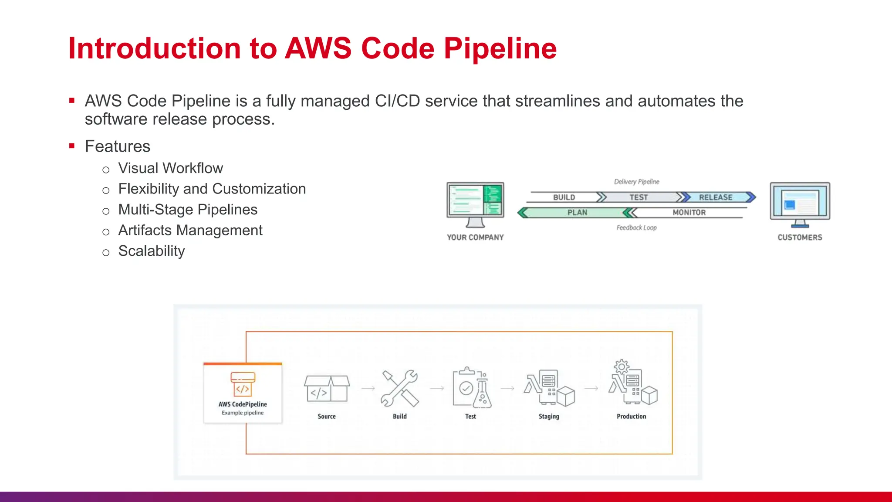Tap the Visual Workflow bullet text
170,168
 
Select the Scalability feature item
151,251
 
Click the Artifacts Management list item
190,230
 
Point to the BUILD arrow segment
564,197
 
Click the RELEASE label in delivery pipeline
715,197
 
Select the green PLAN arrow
577,213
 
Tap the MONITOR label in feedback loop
689,213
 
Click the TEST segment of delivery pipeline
639,197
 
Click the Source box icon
327,389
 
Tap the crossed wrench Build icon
399,388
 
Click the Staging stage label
549,417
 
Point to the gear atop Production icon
622,367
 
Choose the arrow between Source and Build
368,388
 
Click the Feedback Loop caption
636,228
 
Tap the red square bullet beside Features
72,146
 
